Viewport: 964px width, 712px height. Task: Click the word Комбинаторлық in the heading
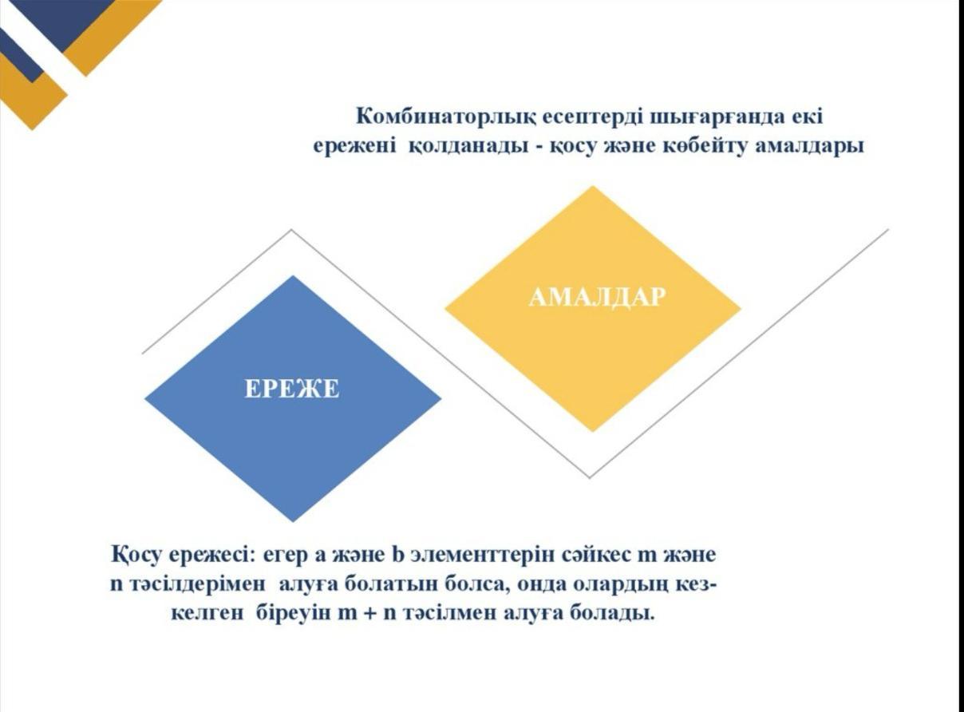point(446,117)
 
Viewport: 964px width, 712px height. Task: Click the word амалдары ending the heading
point(809,147)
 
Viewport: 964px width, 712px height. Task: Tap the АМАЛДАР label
point(597,298)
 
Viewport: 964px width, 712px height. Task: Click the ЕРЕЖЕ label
point(292,389)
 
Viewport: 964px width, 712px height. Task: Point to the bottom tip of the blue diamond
point(293,521)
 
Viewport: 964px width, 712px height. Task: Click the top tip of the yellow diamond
point(592,186)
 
